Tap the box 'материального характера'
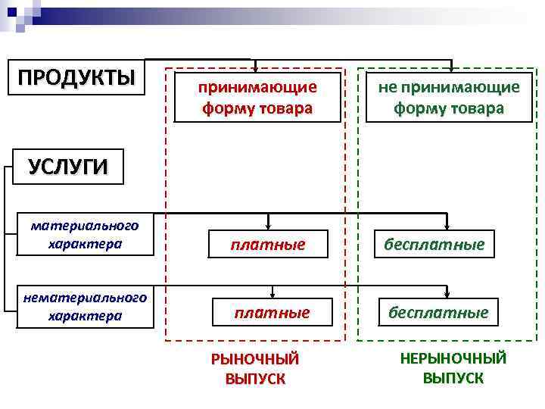point(85,235)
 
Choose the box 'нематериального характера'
point(85,306)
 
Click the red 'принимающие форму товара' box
point(257,97)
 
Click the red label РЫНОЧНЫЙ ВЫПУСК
point(255,369)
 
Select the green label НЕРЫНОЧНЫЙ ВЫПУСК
point(453,368)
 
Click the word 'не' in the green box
point(387,86)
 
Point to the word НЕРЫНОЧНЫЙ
point(453,358)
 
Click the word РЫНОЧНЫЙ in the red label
point(255,359)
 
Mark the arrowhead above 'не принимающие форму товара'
point(451,68)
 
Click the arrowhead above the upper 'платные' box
point(270,224)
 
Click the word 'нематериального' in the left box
point(85,298)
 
